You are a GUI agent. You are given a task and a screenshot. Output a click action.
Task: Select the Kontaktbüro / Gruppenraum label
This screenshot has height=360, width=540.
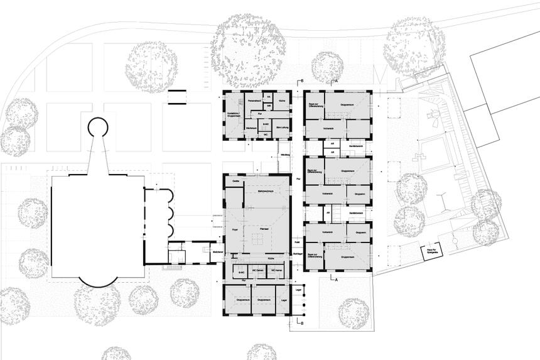[x=236, y=115]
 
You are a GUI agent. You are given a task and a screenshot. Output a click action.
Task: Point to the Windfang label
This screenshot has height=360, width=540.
[x=285, y=154]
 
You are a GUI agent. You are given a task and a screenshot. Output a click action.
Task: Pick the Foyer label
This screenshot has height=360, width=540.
[x=235, y=231]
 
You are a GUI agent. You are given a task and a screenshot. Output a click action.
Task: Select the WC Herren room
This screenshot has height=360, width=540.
[x=278, y=270]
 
